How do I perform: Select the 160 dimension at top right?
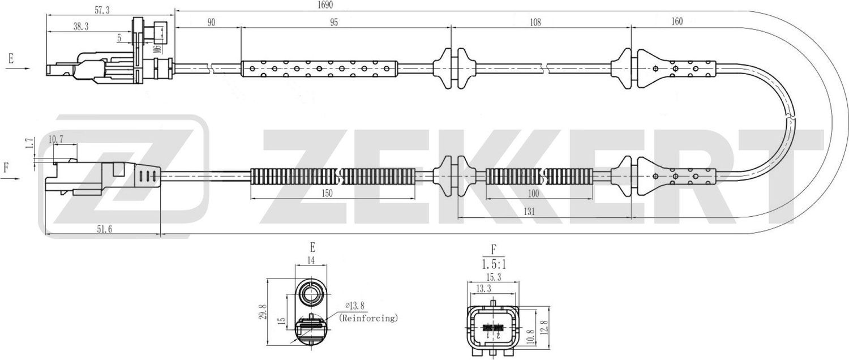coord(676,22)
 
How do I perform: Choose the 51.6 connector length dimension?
coord(104,228)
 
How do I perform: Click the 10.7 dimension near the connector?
coord(55,139)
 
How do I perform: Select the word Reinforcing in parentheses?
coord(368,318)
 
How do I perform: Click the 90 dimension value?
coord(211,22)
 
